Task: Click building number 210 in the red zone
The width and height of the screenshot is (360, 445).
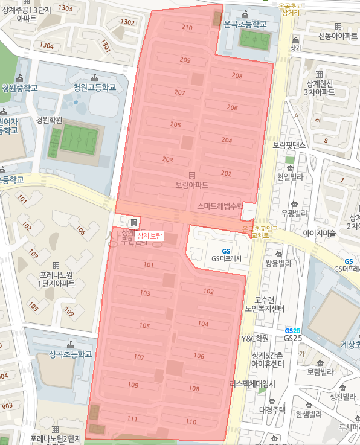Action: tap(187, 28)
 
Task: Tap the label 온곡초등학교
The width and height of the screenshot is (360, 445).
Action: tap(245, 24)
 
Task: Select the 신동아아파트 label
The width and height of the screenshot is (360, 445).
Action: tap(339, 36)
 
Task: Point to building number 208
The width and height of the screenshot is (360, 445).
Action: tap(237, 76)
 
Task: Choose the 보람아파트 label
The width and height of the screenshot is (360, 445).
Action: tap(191, 184)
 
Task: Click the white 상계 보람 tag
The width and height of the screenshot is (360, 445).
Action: tap(150, 235)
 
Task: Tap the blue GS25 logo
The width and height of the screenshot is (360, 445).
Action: tap(293, 331)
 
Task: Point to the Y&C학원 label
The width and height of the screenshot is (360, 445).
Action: tap(254, 338)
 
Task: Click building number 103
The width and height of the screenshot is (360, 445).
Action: tap(145, 293)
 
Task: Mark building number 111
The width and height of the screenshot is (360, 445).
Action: tap(133, 419)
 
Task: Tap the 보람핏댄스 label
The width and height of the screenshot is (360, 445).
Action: tap(290, 146)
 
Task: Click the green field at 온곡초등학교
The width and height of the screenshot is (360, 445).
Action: tap(254, 40)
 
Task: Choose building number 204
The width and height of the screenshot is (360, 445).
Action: tap(227, 140)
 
